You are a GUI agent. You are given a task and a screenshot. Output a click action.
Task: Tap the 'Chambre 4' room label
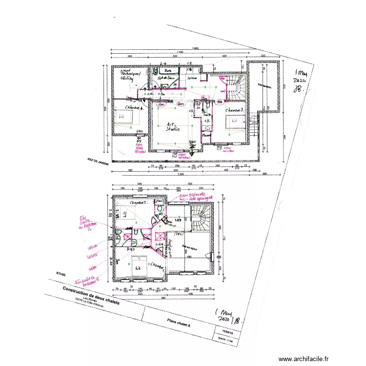point(133,108)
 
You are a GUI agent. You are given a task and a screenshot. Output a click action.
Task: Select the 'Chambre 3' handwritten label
point(234,110)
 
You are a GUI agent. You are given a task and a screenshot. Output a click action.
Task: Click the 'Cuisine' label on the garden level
point(193,78)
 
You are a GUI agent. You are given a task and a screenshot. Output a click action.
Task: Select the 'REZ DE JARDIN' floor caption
point(97,161)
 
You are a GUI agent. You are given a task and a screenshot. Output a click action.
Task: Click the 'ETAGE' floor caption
point(61,274)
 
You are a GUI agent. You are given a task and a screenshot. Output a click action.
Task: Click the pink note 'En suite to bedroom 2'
point(86,224)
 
